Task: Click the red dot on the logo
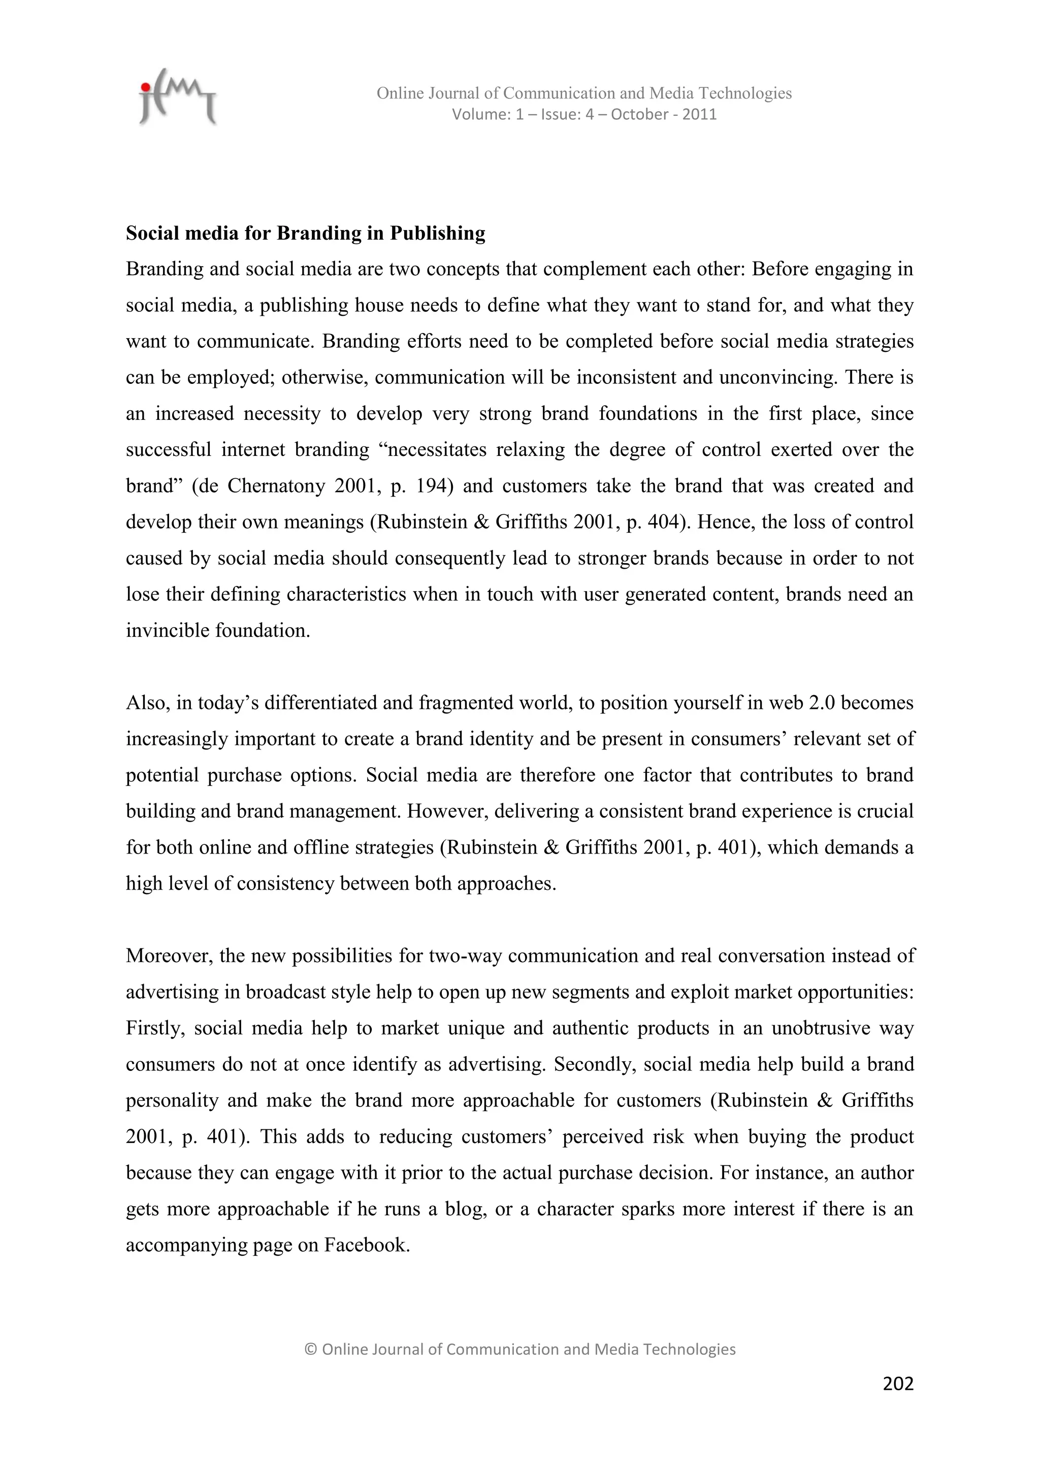pyautogui.click(x=146, y=86)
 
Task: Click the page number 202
pyautogui.click(x=897, y=1384)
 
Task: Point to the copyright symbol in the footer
pyautogui.click(x=311, y=1350)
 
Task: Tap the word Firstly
pyautogui.click(x=154, y=1028)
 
